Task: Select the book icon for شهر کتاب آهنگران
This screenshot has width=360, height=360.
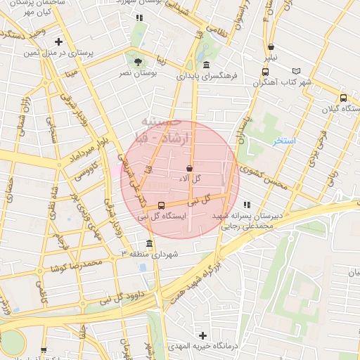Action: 297,71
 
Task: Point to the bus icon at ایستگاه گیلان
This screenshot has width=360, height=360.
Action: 342,98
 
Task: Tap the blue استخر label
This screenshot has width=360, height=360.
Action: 285,141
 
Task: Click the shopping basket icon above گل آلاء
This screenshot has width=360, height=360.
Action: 190,168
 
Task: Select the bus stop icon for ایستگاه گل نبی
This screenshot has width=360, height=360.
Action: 162,206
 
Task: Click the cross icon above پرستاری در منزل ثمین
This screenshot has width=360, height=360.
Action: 58,41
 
